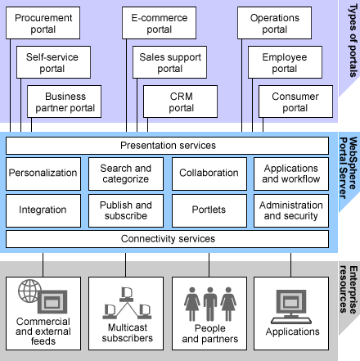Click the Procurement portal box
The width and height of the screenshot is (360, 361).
(x=43, y=23)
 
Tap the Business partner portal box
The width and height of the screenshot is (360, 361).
(x=71, y=102)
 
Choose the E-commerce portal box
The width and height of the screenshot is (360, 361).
(x=160, y=23)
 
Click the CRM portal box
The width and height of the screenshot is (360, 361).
(x=181, y=102)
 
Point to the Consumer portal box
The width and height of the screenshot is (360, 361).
(x=295, y=102)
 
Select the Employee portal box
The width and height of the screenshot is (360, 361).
(x=285, y=62)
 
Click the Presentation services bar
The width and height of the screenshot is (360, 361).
(x=168, y=146)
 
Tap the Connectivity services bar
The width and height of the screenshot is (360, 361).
(x=168, y=239)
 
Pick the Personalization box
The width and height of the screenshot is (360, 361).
(x=43, y=174)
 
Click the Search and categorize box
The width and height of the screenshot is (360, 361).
(x=126, y=174)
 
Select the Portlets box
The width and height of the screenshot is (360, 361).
(x=209, y=210)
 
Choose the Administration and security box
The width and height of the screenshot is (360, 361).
(x=291, y=210)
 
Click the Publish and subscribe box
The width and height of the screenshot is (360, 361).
(x=126, y=210)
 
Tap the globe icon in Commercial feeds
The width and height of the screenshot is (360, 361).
(x=29, y=290)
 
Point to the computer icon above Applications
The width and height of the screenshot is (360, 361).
(x=292, y=302)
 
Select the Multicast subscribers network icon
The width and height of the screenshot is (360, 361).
(x=125, y=301)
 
